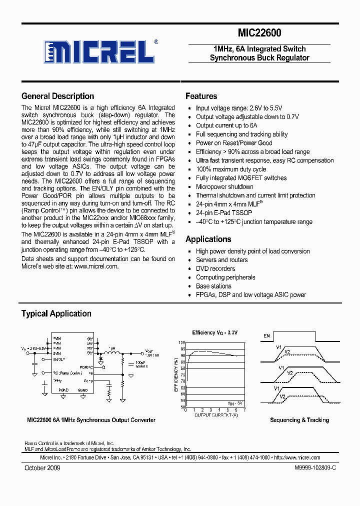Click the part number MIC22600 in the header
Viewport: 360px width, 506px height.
[259, 33]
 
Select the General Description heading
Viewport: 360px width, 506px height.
[57, 96]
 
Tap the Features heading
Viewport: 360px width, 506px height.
[201, 96]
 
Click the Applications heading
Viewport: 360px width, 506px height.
[208, 239]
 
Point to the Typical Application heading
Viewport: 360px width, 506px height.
[56, 313]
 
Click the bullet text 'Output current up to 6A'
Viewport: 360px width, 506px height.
[226, 125]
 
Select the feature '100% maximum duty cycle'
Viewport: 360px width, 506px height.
[231, 169]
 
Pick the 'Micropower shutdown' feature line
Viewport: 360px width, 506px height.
[224, 186]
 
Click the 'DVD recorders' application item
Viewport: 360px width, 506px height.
[215, 268]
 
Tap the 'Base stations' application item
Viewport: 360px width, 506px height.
[213, 286]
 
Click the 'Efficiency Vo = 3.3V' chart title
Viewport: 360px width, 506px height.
[215, 332]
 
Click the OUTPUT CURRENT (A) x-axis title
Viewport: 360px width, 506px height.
[216, 414]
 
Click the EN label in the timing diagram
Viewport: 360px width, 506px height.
[266, 336]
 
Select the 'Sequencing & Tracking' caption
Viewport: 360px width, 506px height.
[299, 420]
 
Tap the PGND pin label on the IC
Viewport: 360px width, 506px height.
[63, 389]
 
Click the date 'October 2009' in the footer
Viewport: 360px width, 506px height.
[42, 467]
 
